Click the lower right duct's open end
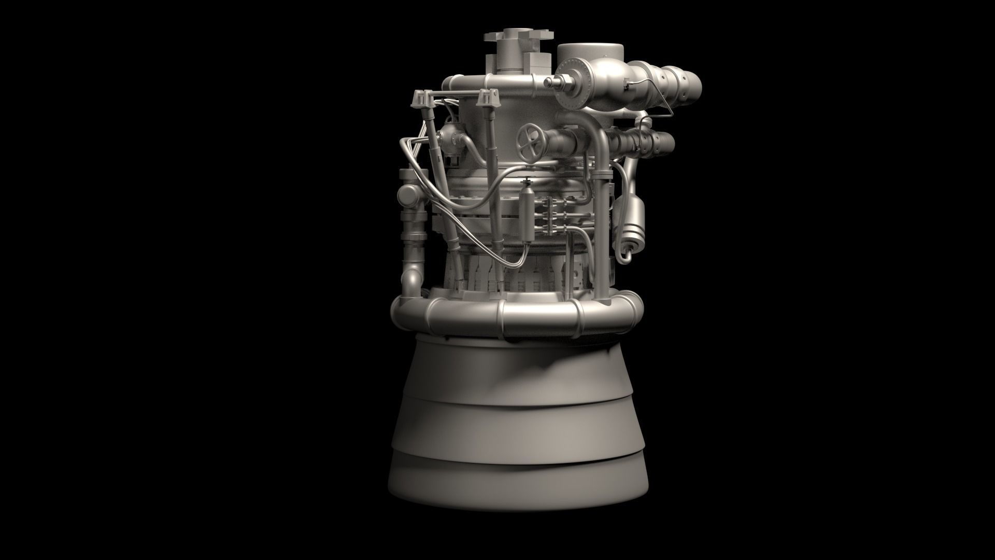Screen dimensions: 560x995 point(668,142)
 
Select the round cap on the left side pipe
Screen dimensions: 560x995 point(409,195)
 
